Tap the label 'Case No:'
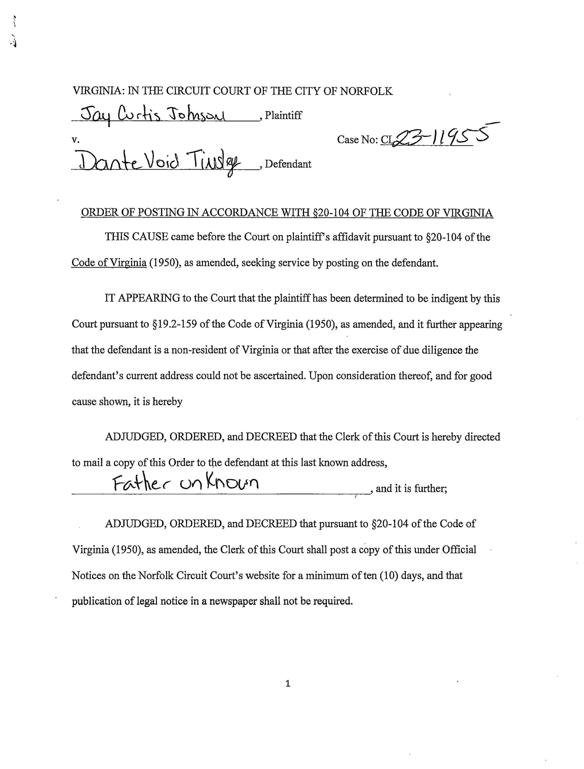pos(358,140)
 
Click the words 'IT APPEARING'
pos(142,298)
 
